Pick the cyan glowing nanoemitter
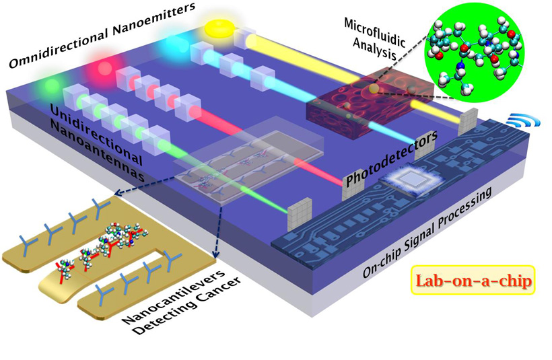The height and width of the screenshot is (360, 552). [164, 48]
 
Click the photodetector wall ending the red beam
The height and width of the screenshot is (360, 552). [351, 189]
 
